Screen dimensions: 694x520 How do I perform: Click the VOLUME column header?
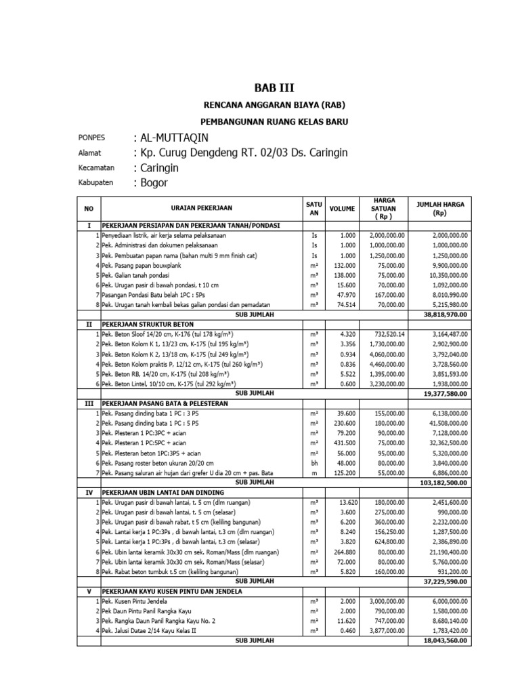coord(342,209)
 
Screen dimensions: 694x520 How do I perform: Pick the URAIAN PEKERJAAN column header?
coord(202,209)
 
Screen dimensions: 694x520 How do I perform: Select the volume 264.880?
coord(343,552)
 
